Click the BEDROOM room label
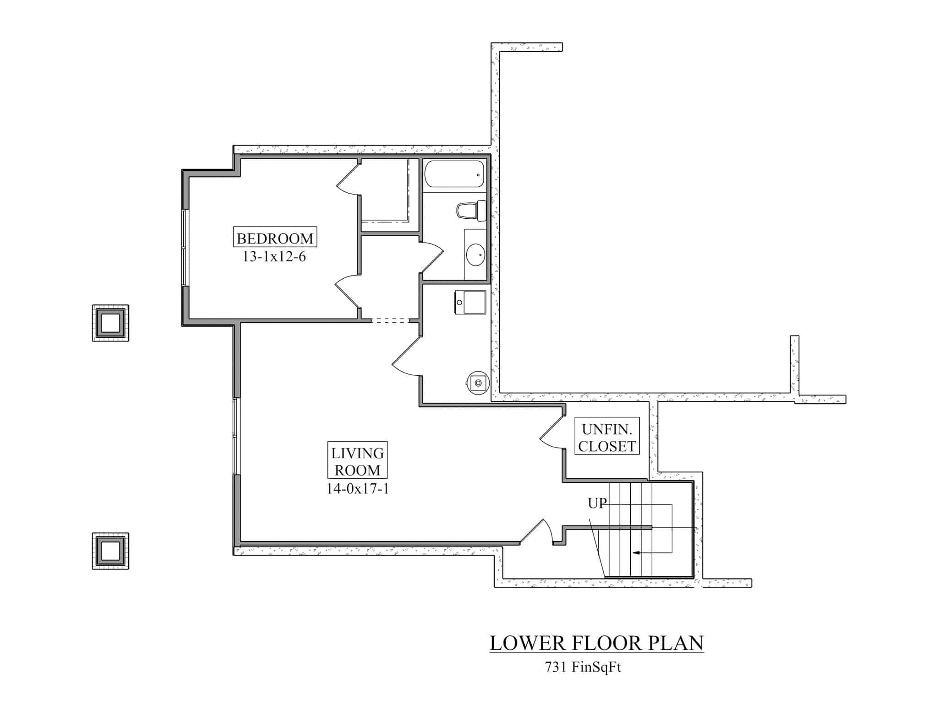[x=275, y=238]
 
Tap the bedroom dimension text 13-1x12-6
[x=274, y=257]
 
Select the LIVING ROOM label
[x=357, y=461]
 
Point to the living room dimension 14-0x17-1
[x=357, y=489]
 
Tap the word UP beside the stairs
[x=597, y=503]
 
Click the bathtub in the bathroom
[x=454, y=174]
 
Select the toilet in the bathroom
[x=471, y=211]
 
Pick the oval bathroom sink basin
[x=475, y=254]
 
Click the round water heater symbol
[x=478, y=382]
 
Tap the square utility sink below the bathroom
[x=470, y=302]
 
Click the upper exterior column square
[x=110, y=323]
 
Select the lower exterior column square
[x=110, y=551]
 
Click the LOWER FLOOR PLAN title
[x=596, y=643]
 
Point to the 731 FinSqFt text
[x=583, y=667]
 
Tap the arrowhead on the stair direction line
[x=636, y=553]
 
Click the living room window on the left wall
[x=235, y=436]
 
